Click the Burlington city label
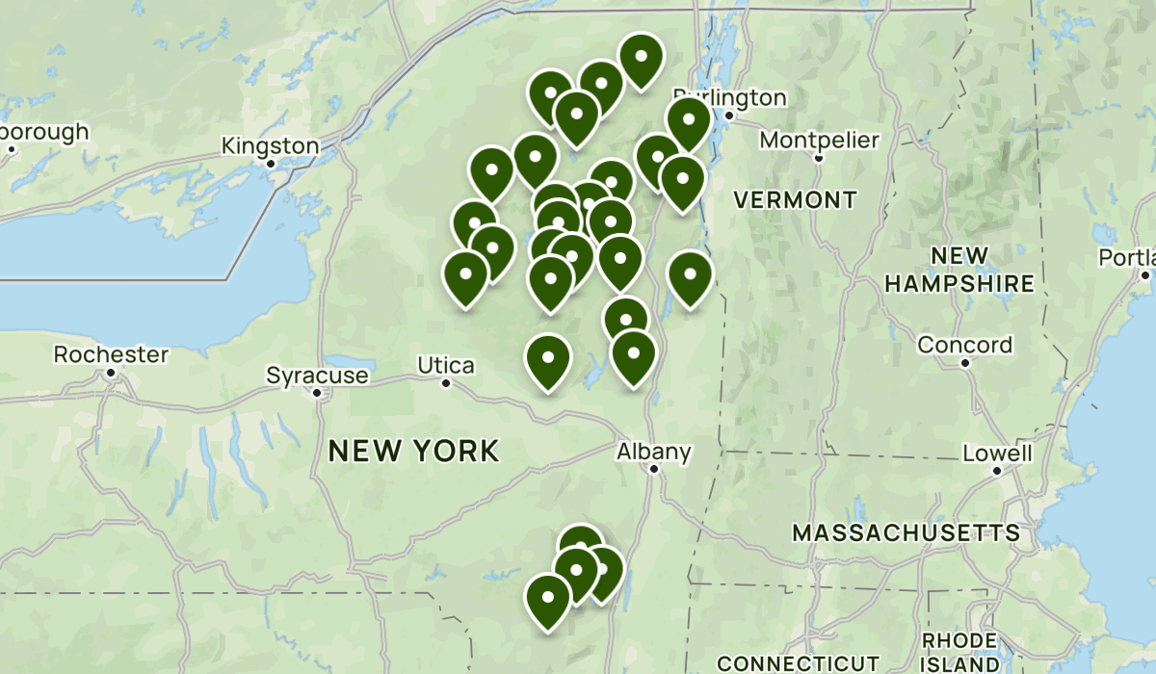click(x=730, y=97)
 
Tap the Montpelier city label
click(x=819, y=141)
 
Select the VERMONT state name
click(x=794, y=200)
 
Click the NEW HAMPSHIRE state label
click(x=959, y=270)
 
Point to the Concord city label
click(x=964, y=345)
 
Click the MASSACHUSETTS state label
click(x=906, y=532)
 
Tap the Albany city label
click(x=654, y=451)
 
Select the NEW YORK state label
click(x=414, y=450)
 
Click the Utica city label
click(x=446, y=365)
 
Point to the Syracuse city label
click(x=317, y=375)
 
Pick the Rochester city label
click(x=111, y=354)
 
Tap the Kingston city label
click(x=270, y=146)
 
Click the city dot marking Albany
click(x=653, y=469)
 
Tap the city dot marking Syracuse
click(x=316, y=392)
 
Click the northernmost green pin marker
click(x=641, y=58)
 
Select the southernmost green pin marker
click(x=548, y=599)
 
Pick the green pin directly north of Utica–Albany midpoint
click(x=548, y=359)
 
